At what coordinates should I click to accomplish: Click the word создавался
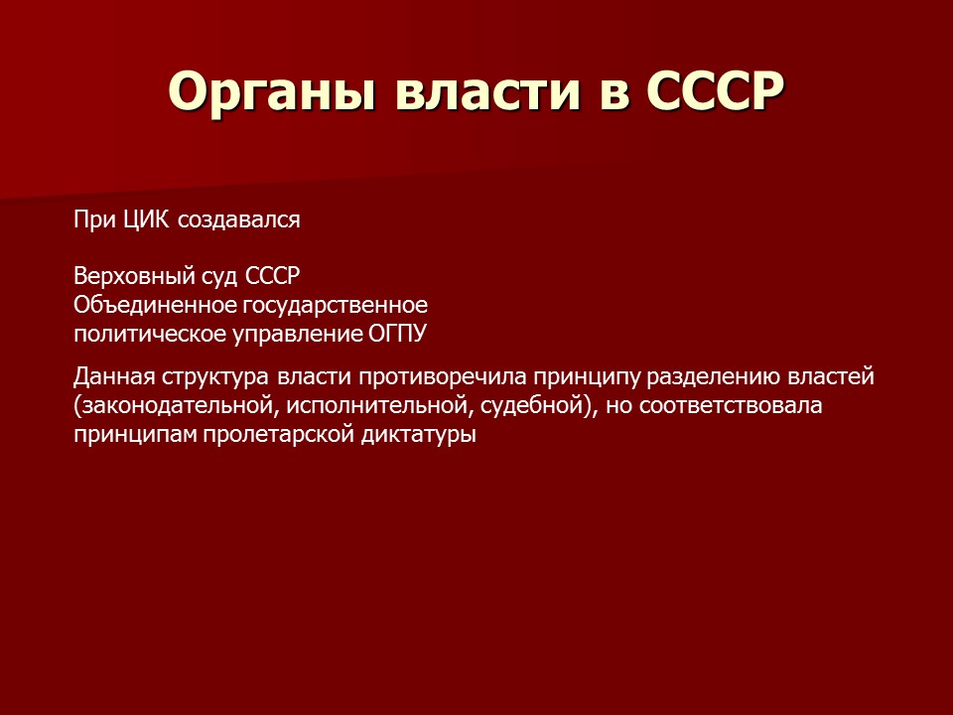(239, 220)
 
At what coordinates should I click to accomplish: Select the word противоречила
(435, 378)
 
